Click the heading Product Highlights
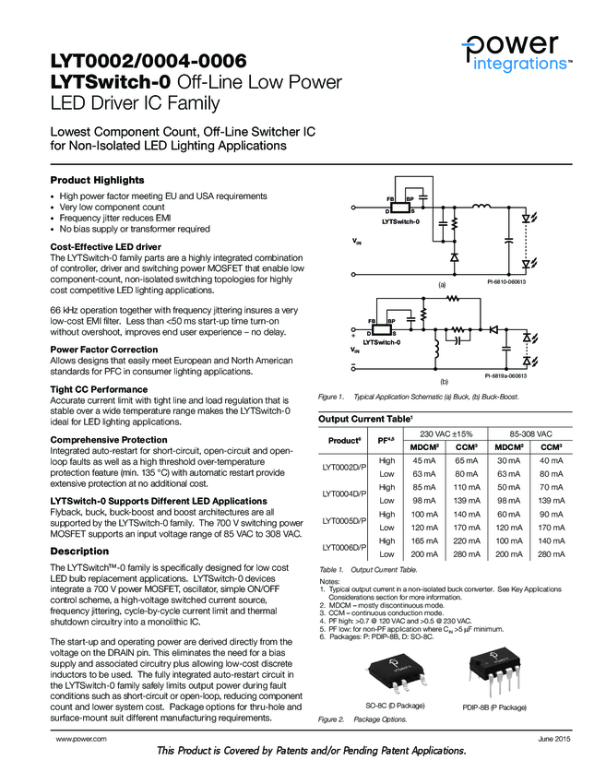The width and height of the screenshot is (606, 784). click(97, 179)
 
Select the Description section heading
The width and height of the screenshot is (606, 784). click(79, 551)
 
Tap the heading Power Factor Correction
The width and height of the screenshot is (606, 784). click(103, 350)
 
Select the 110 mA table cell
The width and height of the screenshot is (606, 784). click(467, 487)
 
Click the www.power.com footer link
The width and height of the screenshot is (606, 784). click(81, 740)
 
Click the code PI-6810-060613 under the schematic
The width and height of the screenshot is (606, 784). click(505, 280)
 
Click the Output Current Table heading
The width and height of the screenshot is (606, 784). click(364, 419)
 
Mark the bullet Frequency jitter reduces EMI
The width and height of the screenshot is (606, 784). click(116, 219)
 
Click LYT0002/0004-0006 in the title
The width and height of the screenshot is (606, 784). click(149, 63)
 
